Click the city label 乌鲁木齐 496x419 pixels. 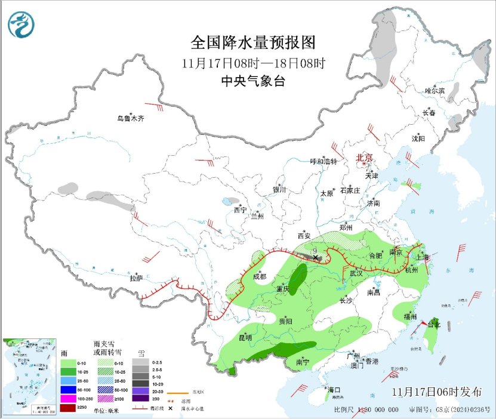pyautogui.click(x=130, y=118)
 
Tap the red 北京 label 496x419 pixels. pyautogui.click(x=364, y=158)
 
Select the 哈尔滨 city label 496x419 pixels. pyautogui.click(x=435, y=91)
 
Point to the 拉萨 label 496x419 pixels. pyautogui.click(x=136, y=278)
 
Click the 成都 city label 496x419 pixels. pyautogui.click(x=260, y=276)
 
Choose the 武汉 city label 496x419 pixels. pyautogui.click(x=356, y=273)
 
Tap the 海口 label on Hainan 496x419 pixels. pyautogui.click(x=334, y=390)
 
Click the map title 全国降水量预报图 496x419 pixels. pyautogui.click(x=252, y=43)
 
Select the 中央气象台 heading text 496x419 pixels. pyautogui.click(x=252, y=81)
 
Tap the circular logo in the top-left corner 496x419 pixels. pyautogui.click(x=21, y=24)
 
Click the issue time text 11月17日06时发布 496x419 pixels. pyautogui.click(x=438, y=392)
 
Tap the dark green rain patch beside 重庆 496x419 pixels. pyautogui.click(x=298, y=277)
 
